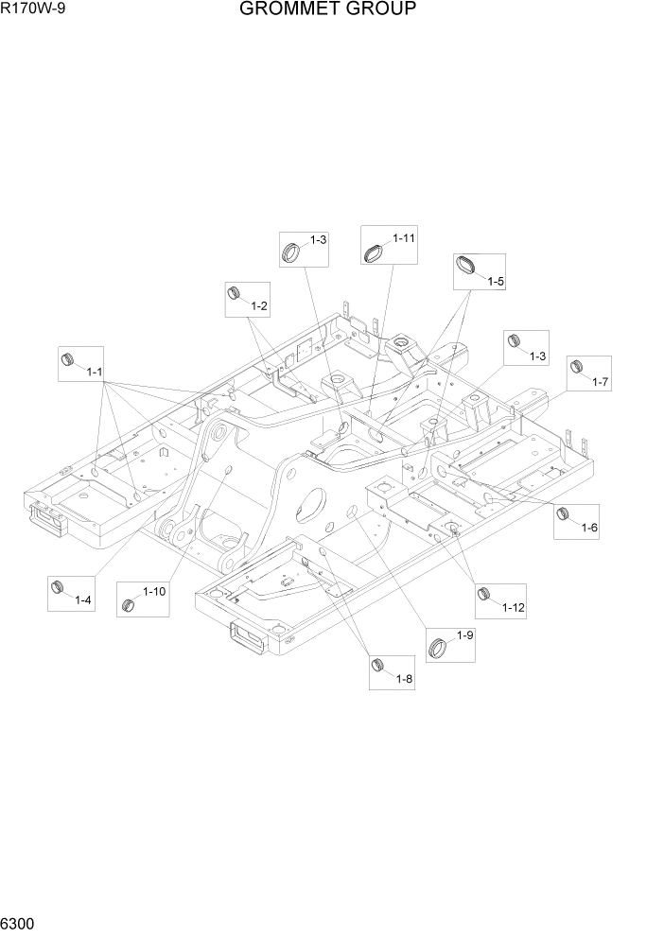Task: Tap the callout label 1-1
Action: tap(95, 373)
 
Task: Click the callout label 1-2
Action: tap(258, 305)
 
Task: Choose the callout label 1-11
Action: tap(404, 238)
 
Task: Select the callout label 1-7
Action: tap(601, 381)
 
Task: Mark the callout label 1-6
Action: tap(588, 526)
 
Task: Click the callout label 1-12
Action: tap(513, 607)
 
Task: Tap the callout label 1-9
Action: tap(464, 635)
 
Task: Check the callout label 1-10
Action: tap(154, 592)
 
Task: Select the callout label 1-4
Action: tap(82, 600)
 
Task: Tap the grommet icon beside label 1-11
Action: tap(375, 252)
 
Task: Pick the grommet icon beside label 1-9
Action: tap(439, 647)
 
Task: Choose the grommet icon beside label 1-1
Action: tap(68, 359)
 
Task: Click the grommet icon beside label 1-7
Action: tap(578, 367)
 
